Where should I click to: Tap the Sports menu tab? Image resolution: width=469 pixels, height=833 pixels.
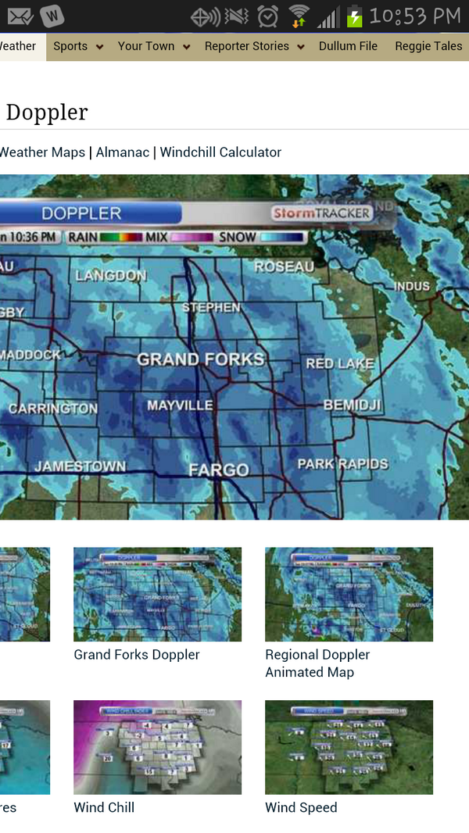(x=70, y=46)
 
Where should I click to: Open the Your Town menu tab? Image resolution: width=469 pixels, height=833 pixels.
(x=146, y=46)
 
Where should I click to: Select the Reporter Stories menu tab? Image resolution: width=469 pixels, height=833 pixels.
(x=247, y=46)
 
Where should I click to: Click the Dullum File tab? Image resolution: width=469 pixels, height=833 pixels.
(x=348, y=46)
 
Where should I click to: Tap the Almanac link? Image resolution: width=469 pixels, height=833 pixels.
(x=123, y=152)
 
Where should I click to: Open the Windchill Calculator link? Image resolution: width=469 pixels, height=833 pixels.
(x=220, y=152)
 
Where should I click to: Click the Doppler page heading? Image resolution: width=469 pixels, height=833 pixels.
(x=47, y=113)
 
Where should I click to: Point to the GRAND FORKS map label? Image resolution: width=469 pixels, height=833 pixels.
(x=201, y=359)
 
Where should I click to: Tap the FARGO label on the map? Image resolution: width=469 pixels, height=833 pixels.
(x=219, y=470)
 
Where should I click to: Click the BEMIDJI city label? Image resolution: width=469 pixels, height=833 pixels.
(x=352, y=405)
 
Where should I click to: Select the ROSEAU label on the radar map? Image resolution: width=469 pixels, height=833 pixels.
(x=284, y=266)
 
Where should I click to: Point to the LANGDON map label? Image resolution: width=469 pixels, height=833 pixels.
(x=111, y=275)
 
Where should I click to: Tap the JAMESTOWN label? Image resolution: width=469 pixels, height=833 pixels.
(x=80, y=467)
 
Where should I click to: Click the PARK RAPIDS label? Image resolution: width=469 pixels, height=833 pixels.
(x=342, y=463)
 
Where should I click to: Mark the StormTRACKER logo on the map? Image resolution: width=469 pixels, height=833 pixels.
(x=320, y=213)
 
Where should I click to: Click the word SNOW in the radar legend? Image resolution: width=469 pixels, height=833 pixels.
(x=238, y=236)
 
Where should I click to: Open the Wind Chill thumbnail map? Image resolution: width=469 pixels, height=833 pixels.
(x=157, y=747)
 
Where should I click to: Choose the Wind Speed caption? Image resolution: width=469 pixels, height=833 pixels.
(x=301, y=807)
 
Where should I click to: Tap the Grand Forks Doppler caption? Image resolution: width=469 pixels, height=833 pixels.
(x=137, y=655)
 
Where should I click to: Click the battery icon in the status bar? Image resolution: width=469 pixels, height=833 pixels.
(x=355, y=16)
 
